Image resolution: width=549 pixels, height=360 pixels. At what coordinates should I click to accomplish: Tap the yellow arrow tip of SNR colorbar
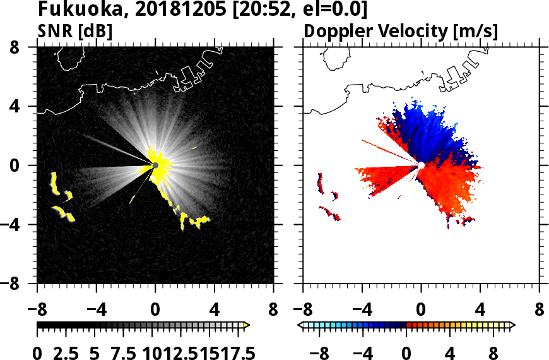pyautogui.click(x=247, y=325)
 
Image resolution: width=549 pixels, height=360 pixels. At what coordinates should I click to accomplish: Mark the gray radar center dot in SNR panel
pyautogui.click(x=155, y=165)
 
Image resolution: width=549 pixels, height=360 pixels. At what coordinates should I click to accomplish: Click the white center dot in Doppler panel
pyautogui.click(x=421, y=165)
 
